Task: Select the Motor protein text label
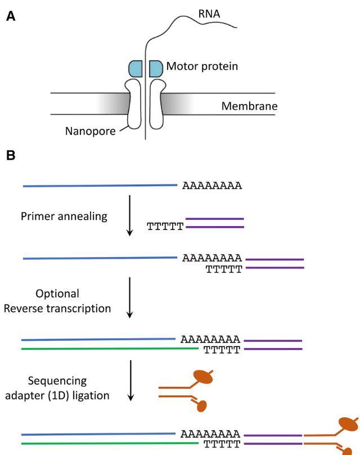(202, 67)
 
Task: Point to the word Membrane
(249, 106)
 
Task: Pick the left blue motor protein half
(136, 68)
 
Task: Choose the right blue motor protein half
(156, 68)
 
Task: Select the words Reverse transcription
(57, 308)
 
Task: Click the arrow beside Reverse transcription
(130, 298)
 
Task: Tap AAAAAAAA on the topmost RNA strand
(212, 186)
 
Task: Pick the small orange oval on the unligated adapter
(202, 405)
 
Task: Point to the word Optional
(57, 294)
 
